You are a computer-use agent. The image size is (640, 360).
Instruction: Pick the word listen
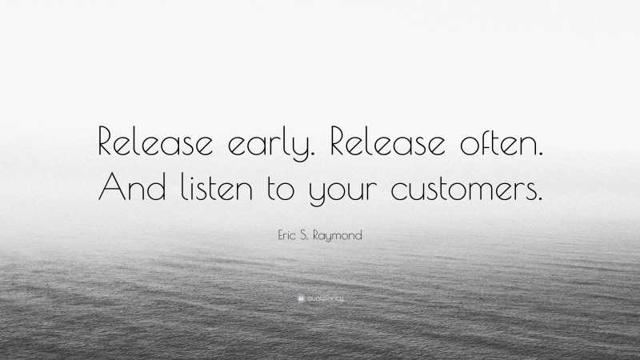[x=218, y=186]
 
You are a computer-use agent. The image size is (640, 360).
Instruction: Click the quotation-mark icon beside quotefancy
[x=299, y=299]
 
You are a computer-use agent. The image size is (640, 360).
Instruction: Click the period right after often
[x=539, y=153]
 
